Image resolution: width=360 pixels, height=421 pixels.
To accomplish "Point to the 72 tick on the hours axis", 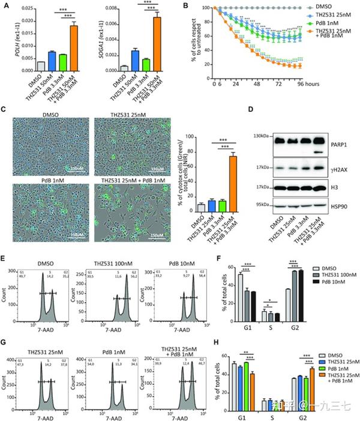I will (279, 85).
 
